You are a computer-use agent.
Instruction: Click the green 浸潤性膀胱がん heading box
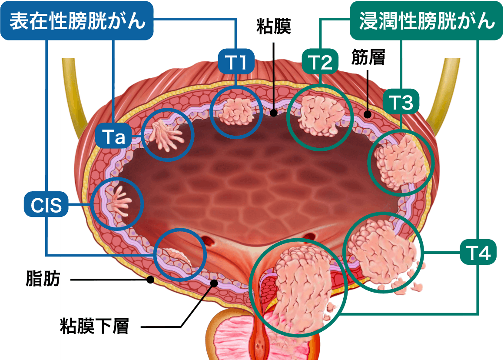coord(427,21)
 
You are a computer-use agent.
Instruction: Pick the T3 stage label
coord(401,103)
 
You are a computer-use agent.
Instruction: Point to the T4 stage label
coord(478,253)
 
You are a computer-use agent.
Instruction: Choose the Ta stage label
coord(114,137)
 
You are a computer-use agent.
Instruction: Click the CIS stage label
coord(46,204)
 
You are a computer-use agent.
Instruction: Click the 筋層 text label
coord(368,60)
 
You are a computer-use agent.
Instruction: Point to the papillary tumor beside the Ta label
coord(167,135)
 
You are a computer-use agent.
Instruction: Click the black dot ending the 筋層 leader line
coord(368,115)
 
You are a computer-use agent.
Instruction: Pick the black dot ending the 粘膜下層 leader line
coord(214,283)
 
